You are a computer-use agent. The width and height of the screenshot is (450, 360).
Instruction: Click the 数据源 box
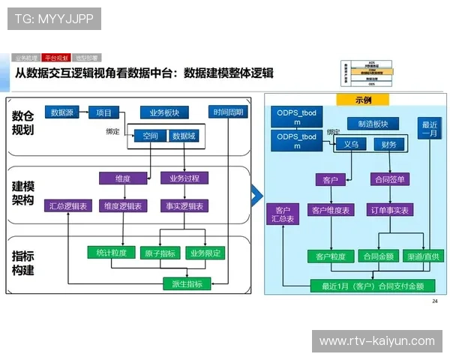(x=62, y=113)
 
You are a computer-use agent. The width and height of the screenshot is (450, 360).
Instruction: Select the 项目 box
(x=103, y=113)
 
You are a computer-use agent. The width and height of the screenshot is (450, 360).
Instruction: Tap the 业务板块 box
(x=164, y=113)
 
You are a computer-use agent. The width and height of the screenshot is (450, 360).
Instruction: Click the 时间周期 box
(x=227, y=112)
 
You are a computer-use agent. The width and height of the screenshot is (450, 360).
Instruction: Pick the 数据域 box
(x=183, y=136)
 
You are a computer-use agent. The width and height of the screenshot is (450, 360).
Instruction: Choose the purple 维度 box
(x=123, y=178)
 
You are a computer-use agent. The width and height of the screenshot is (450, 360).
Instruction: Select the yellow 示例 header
(x=362, y=100)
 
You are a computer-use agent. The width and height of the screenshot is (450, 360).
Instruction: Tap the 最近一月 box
(x=430, y=129)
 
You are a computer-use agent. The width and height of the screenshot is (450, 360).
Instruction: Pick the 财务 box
(x=388, y=145)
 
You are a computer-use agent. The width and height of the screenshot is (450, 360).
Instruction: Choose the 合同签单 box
(x=388, y=180)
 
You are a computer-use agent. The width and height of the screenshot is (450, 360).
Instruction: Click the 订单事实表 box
(x=389, y=210)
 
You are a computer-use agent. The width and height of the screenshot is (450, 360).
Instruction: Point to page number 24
(x=434, y=301)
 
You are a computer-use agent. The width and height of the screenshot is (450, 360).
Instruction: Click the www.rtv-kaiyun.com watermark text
(x=376, y=340)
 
